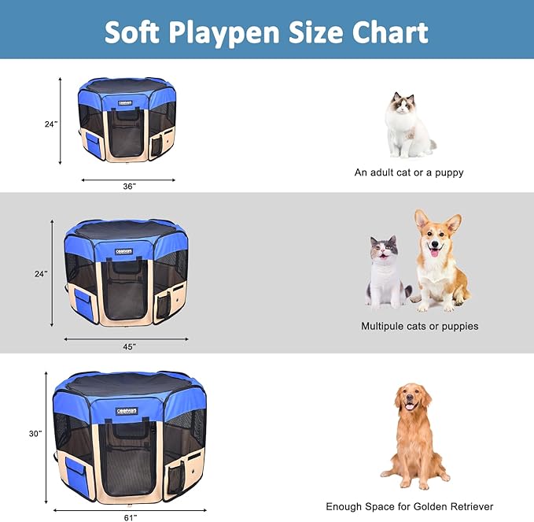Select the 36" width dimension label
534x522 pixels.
click(129, 186)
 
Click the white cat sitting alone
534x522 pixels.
click(407, 125)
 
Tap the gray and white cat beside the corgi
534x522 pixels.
click(386, 272)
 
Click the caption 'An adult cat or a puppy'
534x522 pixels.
click(409, 172)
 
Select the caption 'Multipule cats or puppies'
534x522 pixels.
click(419, 326)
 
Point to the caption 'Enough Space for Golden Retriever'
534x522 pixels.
click(410, 506)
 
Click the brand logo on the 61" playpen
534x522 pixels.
click(126, 411)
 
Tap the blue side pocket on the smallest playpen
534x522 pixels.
click(92, 144)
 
